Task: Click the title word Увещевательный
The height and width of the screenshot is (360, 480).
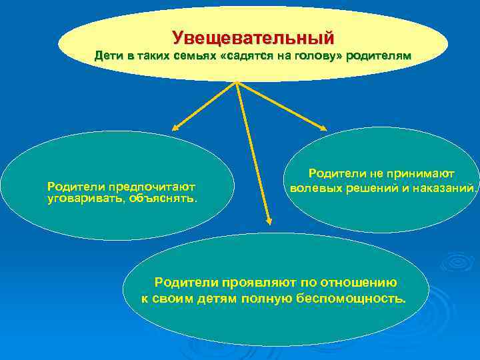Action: click(x=253, y=37)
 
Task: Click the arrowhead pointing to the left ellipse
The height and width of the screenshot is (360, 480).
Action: click(x=176, y=128)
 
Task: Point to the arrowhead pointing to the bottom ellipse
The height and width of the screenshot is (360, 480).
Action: click(x=269, y=220)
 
